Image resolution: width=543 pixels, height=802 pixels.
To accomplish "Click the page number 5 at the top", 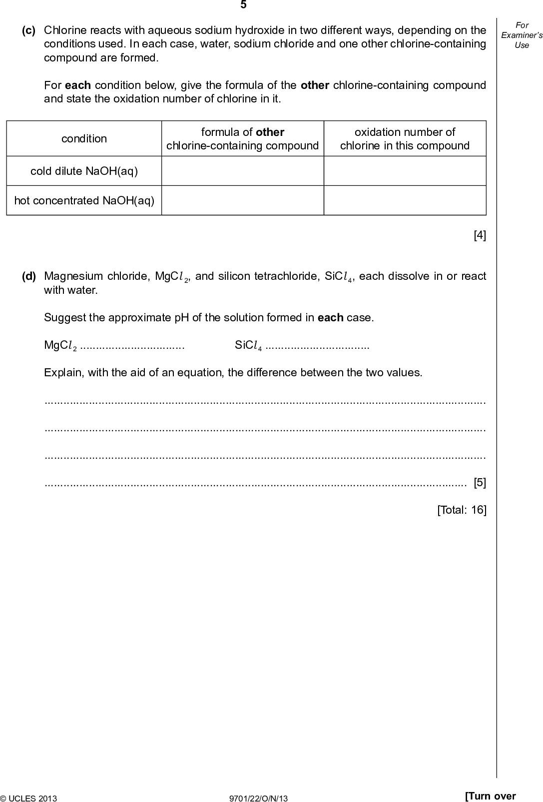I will tap(243, 5).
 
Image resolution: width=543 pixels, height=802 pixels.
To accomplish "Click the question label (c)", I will tap(28, 30).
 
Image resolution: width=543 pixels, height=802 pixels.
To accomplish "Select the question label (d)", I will tap(28, 276).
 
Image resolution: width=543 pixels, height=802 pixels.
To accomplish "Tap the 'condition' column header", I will tap(84, 139).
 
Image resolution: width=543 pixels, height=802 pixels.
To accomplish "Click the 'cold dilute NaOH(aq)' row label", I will tap(84, 171).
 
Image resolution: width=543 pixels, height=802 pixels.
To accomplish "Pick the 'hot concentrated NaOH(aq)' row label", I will tap(84, 201).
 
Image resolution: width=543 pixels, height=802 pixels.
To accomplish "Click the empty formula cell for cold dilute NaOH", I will tap(243, 171).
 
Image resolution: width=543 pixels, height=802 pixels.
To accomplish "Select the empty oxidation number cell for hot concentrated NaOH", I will tap(405, 201).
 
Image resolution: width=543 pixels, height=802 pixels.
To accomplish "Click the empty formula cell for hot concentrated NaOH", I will tap(243, 201).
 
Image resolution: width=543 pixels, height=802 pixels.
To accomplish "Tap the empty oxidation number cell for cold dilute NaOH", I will tap(405, 171).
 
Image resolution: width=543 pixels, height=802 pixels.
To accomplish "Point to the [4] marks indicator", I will tap(480, 235).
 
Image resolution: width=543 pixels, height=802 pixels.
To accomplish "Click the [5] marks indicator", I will tap(480, 483).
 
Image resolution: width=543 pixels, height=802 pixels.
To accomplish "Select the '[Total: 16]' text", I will tap(462, 510).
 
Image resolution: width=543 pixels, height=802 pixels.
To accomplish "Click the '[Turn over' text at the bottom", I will tap(490, 796).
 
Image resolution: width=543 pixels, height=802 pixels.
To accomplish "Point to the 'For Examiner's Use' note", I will tap(522, 35).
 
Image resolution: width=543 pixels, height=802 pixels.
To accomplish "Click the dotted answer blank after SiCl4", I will tap(317, 346).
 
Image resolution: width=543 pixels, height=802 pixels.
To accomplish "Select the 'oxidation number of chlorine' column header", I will tap(405, 139).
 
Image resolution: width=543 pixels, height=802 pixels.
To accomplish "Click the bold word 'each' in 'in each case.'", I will tap(330, 318).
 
